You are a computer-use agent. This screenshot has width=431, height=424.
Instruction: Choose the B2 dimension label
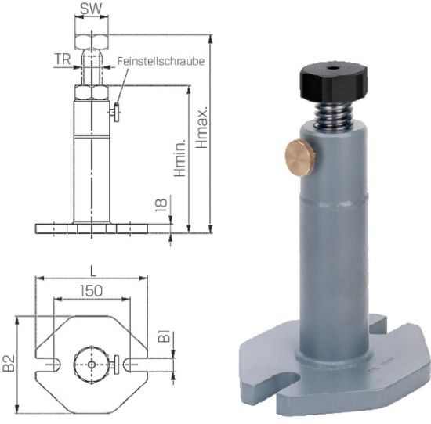tap(9, 362)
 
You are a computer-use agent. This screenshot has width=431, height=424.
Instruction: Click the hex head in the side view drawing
tap(92, 40)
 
